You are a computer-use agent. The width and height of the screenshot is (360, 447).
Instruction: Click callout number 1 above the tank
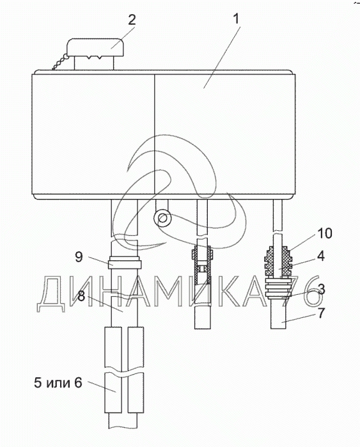(x=237, y=20)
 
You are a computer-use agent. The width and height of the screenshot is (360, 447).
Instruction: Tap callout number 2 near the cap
(x=132, y=20)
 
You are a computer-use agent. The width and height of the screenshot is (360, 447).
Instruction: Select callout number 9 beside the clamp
(x=79, y=256)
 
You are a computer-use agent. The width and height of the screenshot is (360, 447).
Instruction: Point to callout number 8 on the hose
(x=81, y=297)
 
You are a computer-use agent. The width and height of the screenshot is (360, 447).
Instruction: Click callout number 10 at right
(x=325, y=233)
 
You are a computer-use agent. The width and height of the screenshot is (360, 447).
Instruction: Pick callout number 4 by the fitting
(x=321, y=256)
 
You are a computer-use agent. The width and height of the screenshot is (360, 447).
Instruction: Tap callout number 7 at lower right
(x=321, y=313)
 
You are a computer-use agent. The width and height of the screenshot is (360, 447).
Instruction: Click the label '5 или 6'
(x=58, y=382)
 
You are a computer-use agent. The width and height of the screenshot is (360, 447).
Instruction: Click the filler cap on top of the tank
(x=95, y=48)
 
